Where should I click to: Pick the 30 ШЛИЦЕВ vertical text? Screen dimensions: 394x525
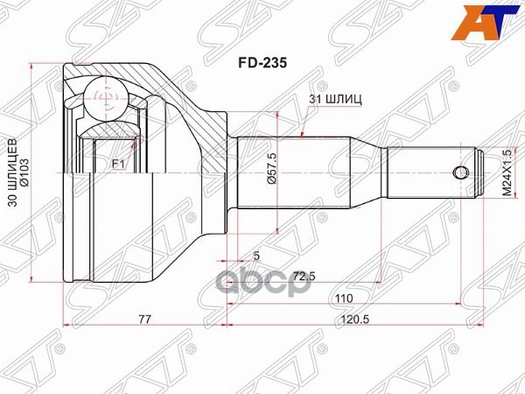pyautogui.click(x=11, y=175)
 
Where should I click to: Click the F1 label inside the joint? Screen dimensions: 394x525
pyautogui.click(x=117, y=164)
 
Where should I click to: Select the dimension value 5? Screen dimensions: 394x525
pyautogui.click(x=255, y=257)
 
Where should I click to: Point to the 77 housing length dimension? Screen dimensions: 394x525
pyautogui.click(x=145, y=320)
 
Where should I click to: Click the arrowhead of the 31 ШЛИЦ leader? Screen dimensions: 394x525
pyautogui.click(x=301, y=136)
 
